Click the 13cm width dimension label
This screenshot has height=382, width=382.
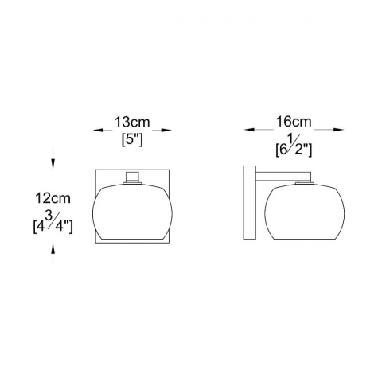131,123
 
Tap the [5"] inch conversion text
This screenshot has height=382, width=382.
131,140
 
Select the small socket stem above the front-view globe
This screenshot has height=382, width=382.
132,177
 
